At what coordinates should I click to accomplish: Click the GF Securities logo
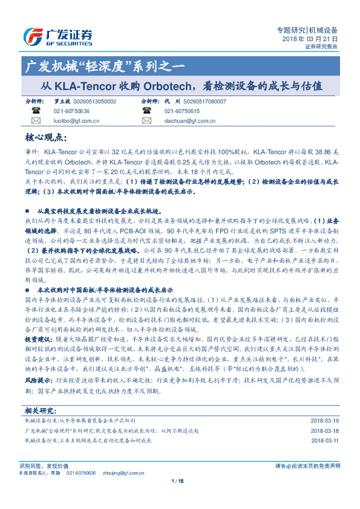(57, 36)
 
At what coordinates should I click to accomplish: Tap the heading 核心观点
(49, 137)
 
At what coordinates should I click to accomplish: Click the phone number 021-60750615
(182, 111)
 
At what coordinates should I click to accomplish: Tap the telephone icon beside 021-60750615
(146, 111)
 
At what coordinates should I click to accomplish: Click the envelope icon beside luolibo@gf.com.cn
(35, 121)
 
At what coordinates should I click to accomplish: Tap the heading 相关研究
(40, 410)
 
